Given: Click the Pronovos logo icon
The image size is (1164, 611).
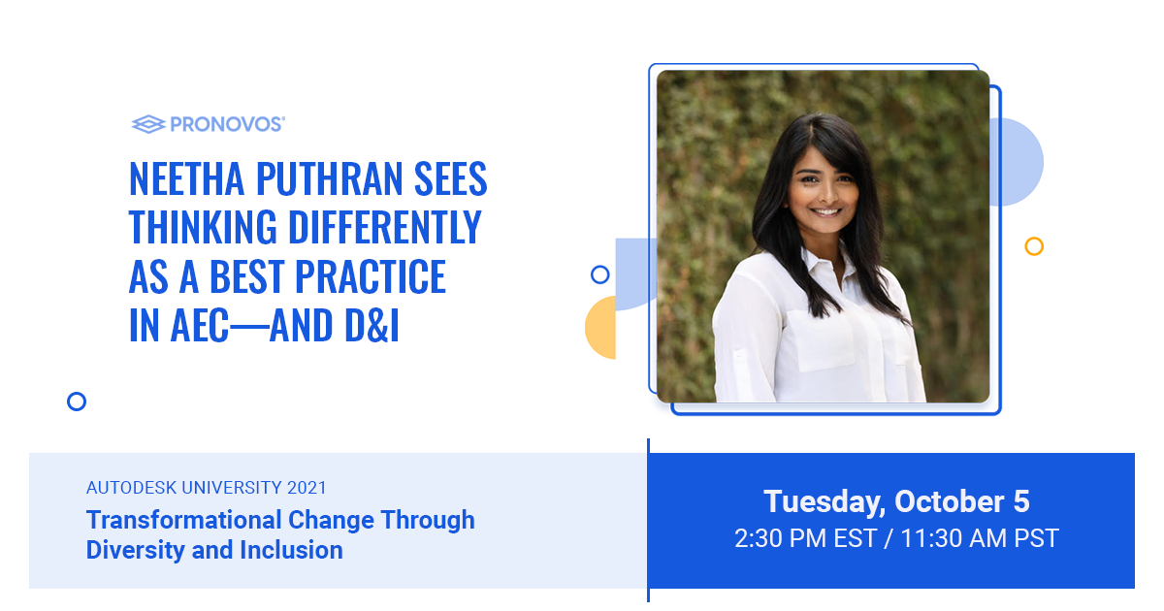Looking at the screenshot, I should tap(148, 124).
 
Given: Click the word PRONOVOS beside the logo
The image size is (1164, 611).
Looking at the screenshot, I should tap(227, 124).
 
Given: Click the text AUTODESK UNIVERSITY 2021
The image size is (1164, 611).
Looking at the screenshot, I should tap(207, 488).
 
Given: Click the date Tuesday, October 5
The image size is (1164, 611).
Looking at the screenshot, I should tap(896, 501).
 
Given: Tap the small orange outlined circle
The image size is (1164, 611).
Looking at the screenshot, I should tap(1034, 246).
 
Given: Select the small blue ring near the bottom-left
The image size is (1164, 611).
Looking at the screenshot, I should tap(77, 402).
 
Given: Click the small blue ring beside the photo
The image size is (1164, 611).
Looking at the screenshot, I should tap(599, 274).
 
